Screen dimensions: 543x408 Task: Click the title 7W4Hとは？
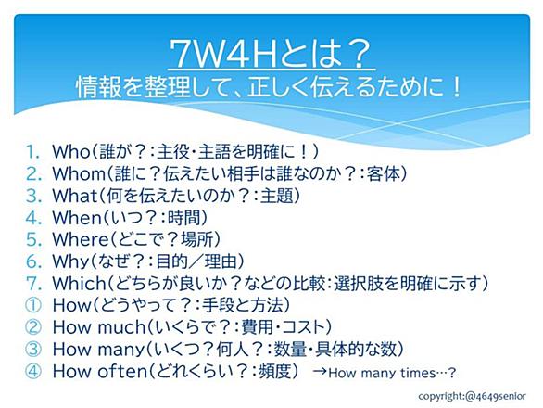point(271,53)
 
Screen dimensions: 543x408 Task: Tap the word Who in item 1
point(71,152)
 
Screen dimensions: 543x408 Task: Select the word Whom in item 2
point(78,173)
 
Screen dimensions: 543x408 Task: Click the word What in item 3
point(74,196)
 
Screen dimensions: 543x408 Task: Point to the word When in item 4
point(77,218)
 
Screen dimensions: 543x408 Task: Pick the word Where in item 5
point(81,239)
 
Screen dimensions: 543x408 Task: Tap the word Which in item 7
point(79,283)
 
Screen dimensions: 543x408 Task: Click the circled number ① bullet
point(33,305)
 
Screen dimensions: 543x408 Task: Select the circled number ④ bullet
point(33,371)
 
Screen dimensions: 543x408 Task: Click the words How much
point(99,327)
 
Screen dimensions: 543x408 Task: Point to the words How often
point(100,371)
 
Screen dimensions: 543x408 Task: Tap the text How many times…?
point(392,374)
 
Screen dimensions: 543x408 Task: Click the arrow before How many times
point(320,372)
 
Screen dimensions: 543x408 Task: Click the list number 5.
point(33,239)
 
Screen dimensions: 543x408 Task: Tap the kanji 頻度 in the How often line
point(273,371)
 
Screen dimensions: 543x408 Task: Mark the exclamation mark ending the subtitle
point(457,86)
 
